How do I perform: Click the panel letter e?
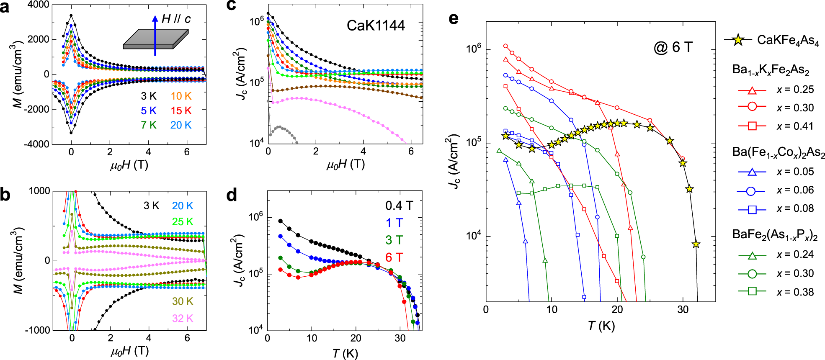pyautogui.click(x=453, y=18)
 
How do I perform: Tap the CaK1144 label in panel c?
pyautogui.click(x=376, y=26)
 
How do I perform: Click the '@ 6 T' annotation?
pyautogui.click(x=673, y=47)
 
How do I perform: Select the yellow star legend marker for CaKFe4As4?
pyautogui.click(x=738, y=40)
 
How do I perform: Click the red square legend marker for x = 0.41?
pyautogui.click(x=752, y=126)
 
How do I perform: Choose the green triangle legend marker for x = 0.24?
pyautogui.click(x=752, y=255)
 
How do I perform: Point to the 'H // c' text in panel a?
pyautogui.click(x=176, y=19)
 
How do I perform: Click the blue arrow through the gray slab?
pyautogui.click(x=155, y=36)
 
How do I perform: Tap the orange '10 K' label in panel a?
pyautogui.click(x=181, y=96)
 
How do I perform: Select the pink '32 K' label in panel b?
pyautogui.click(x=183, y=319)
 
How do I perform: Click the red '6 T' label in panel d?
pyautogui.click(x=394, y=257)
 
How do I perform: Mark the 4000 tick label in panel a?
pyautogui.click(x=38, y=5)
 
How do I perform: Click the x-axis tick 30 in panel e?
pyautogui.click(x=683, y=309)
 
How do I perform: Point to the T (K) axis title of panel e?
pyautogui.click(x=601, y=326)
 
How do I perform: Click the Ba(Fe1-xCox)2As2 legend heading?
pyautogui.click(x=778, y=152)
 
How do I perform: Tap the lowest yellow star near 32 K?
pyautogui.click(x=696, y=244)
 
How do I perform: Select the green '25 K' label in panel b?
pyautogui.click(x=183, y=221)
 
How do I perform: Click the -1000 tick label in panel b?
pyautogui.click(x=37, y=330)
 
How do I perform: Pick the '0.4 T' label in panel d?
pyautogui.click(x=399, y=206)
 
